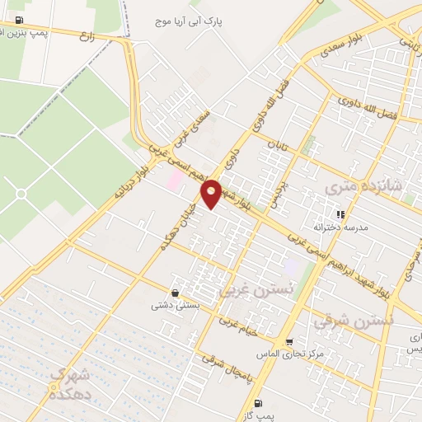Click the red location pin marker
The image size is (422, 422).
(212, 193)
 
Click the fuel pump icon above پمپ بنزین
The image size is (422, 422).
(20, 19)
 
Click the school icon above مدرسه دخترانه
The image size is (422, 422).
(340, 214)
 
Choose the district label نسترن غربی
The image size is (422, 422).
(256, 289)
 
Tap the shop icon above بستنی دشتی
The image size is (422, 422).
(175, 293)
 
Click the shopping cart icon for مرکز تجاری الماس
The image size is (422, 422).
(289, 342)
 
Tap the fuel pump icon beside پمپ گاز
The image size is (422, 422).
(258, 403)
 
